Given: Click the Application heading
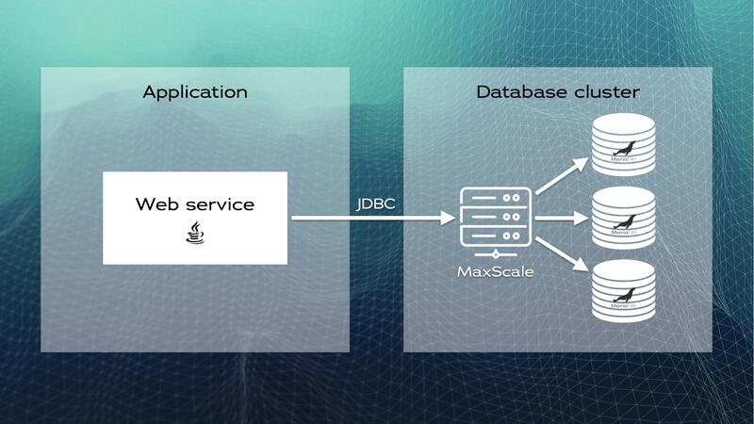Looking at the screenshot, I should [x=195, y=92].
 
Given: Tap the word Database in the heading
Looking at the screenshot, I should [x=513, y=92].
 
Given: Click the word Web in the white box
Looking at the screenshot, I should [x=156, y=204].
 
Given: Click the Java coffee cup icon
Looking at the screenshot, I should [x=194, y=233].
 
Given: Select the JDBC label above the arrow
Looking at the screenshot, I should [x=375, y=204].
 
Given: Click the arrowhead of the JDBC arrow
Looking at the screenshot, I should [x=448, y=219].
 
